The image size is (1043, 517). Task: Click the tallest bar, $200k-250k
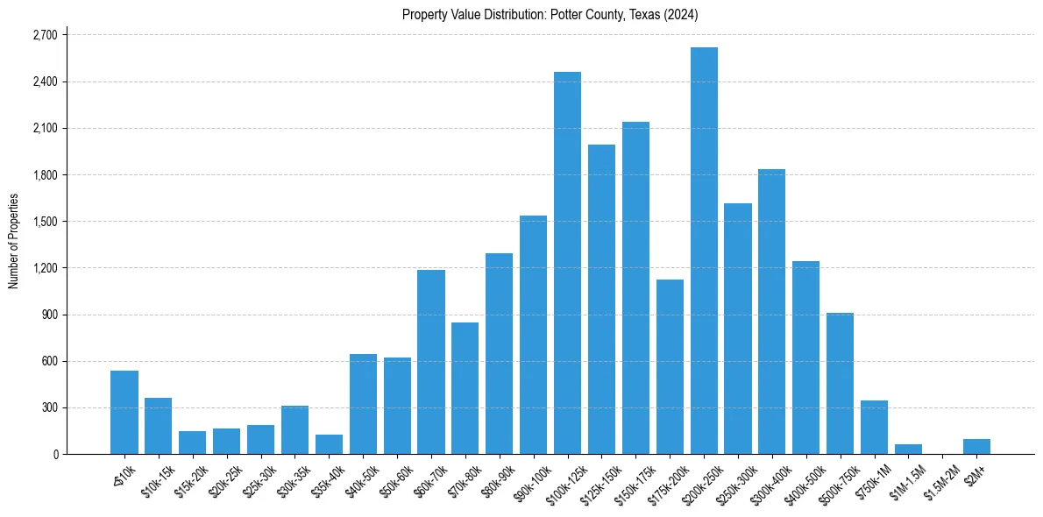click(x=704, y=254)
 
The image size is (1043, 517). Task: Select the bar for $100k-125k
click(x=567, y=263)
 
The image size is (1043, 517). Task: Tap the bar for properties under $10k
click(x=124, y=413)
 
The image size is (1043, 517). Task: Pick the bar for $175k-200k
click(x=670, y=368)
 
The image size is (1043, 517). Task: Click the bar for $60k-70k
click(x=431, y=364)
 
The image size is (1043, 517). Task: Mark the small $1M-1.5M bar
click(x=908, y=450)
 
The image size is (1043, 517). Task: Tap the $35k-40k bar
click(x=329, y=445)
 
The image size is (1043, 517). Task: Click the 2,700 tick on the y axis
click(x=44, y=35)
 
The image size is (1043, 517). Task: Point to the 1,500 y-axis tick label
click(x=44, y=222)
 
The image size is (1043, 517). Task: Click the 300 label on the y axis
click(x=49, y=407)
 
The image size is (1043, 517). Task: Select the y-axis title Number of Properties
click(x=13, y=241)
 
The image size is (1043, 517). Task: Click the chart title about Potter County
click(x=550, y=14)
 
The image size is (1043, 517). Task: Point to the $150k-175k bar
click(x=635, y=289)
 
